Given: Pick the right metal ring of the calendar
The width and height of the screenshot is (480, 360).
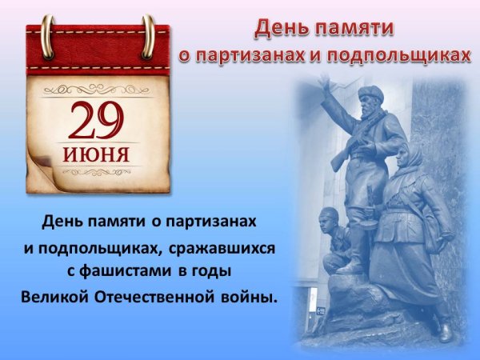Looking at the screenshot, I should [148, 36].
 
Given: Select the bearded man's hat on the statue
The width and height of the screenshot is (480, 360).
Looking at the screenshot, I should [370, 93].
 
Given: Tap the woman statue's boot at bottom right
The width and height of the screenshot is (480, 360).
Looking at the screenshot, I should [442, 329].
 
